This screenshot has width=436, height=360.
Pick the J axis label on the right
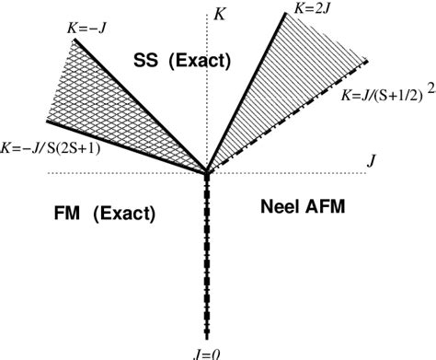371,161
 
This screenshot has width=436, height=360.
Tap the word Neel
274,208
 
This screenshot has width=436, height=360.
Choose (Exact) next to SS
201,61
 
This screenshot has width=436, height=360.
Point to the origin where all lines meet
209,171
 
